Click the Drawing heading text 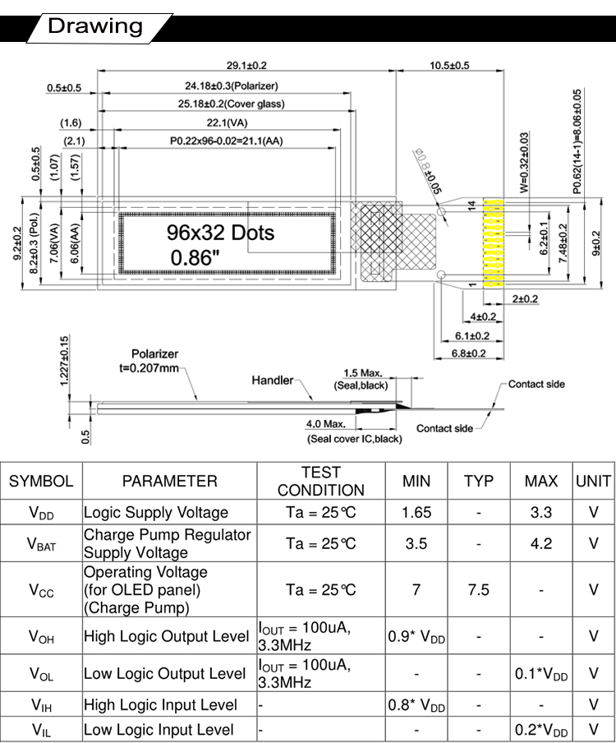point(95,26)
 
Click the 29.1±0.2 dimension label point(246,66)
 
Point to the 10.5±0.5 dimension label point(449,66)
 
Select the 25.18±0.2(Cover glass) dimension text point(231,104)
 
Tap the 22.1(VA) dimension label point(228,122)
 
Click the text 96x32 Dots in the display point(220,233)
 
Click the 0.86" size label point(195,258)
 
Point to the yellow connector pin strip point(493,243)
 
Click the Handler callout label point(272,380)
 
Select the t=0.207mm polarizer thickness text point(149,367)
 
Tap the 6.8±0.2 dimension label point(468,353)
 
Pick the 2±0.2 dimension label point(525,298)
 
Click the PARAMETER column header point(169,481)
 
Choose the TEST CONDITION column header point(321,481)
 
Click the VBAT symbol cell point(41,543)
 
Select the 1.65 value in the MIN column point(416,512)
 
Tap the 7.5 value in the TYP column point(479,589)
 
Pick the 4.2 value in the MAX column point(541,543)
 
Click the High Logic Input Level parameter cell point(160,704)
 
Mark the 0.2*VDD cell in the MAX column point(541,730)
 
